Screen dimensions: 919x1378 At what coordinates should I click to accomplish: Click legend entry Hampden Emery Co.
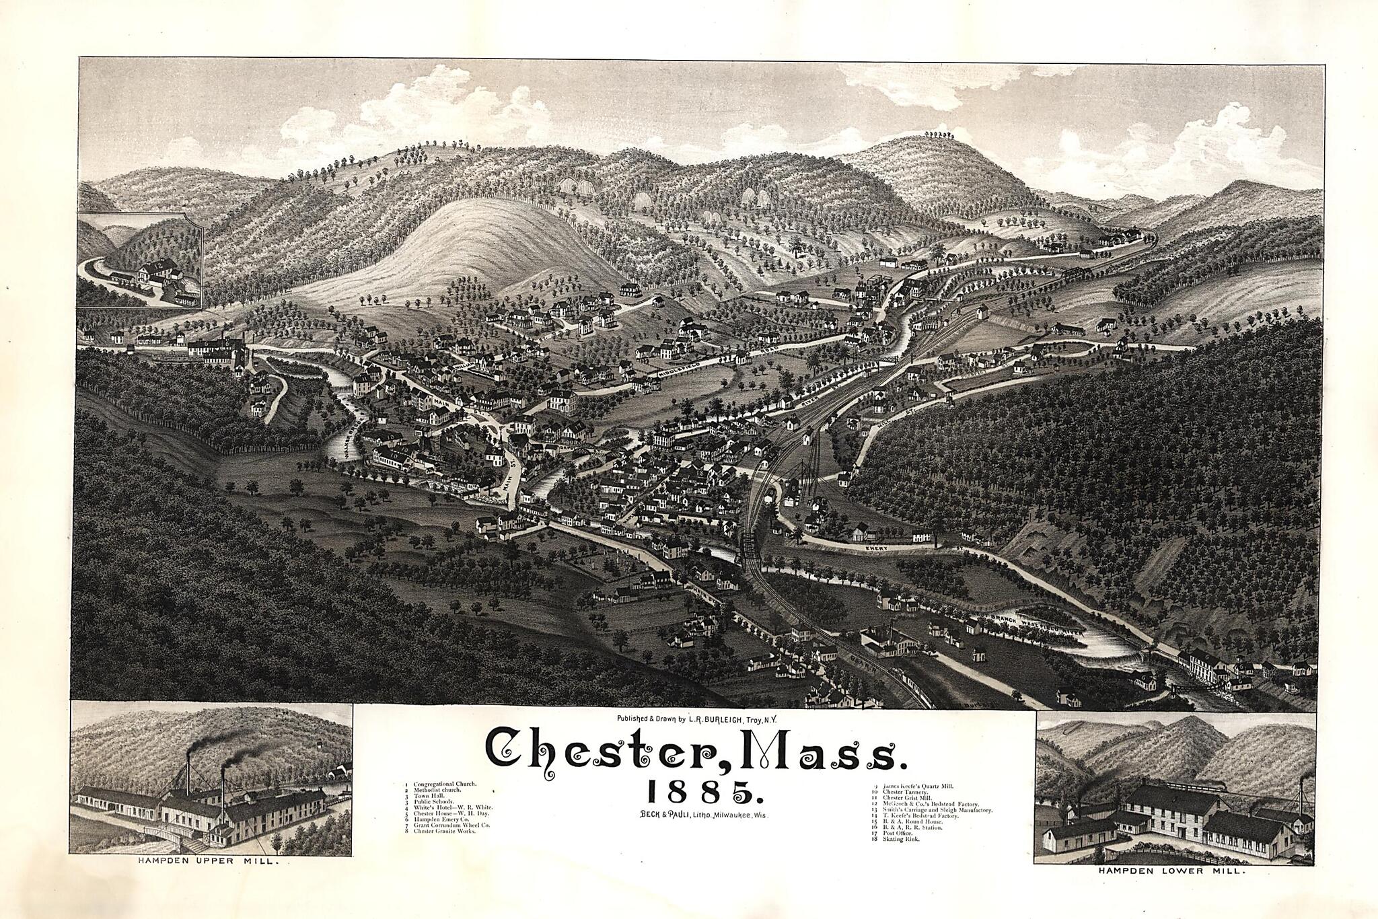coord(437,819)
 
